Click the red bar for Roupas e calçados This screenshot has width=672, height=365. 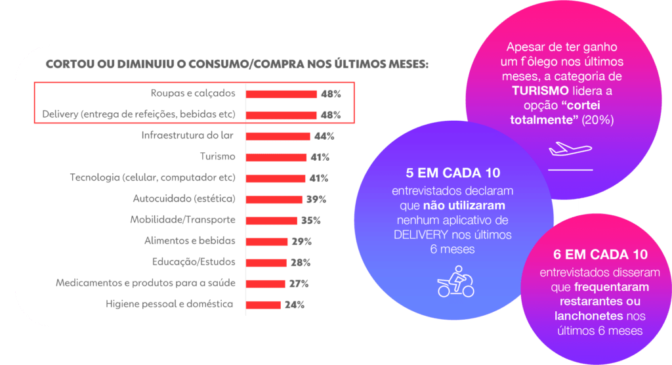pyautogui.click(x=282, y=94)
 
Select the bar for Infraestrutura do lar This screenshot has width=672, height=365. pyautogui.click(x=278, y=136)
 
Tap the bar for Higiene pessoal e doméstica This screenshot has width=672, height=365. pyautogui.click(x=263, y=305)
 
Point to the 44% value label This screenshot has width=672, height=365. pyautogui.click(x=324, y=136)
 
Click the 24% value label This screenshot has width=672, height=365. pyautogui.click(x=295, y=305)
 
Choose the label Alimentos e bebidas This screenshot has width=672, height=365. pyautogui.click(x=190, y=241)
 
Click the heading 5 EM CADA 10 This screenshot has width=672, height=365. pyautogui.click(x=453, y=174)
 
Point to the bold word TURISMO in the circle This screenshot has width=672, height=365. pyautogui.click(x=541, y=90)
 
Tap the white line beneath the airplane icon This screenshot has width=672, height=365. pyautogui.click(x=570, y=169)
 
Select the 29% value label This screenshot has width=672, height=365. pyautogui.click(x=302, y=241)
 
